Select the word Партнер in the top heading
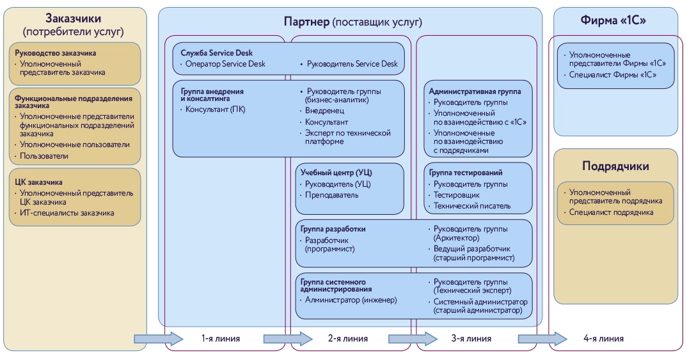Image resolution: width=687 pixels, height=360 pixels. tap(306, 22)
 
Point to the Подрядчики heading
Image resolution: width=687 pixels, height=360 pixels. tap(615, 166)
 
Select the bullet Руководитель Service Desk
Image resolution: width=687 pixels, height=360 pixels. tap(352, 64)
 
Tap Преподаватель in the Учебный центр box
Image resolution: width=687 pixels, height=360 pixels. tap(331, 195)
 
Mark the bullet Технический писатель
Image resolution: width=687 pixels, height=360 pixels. tap(472, 205)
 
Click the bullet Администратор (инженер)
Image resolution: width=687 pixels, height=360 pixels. tap(351, 299)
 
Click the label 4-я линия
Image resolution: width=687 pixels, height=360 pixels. tap(603, 339)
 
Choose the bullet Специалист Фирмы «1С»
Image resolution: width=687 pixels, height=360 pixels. tap(613, 75)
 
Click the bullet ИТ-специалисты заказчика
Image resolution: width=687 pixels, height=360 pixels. tap(67, 212)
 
